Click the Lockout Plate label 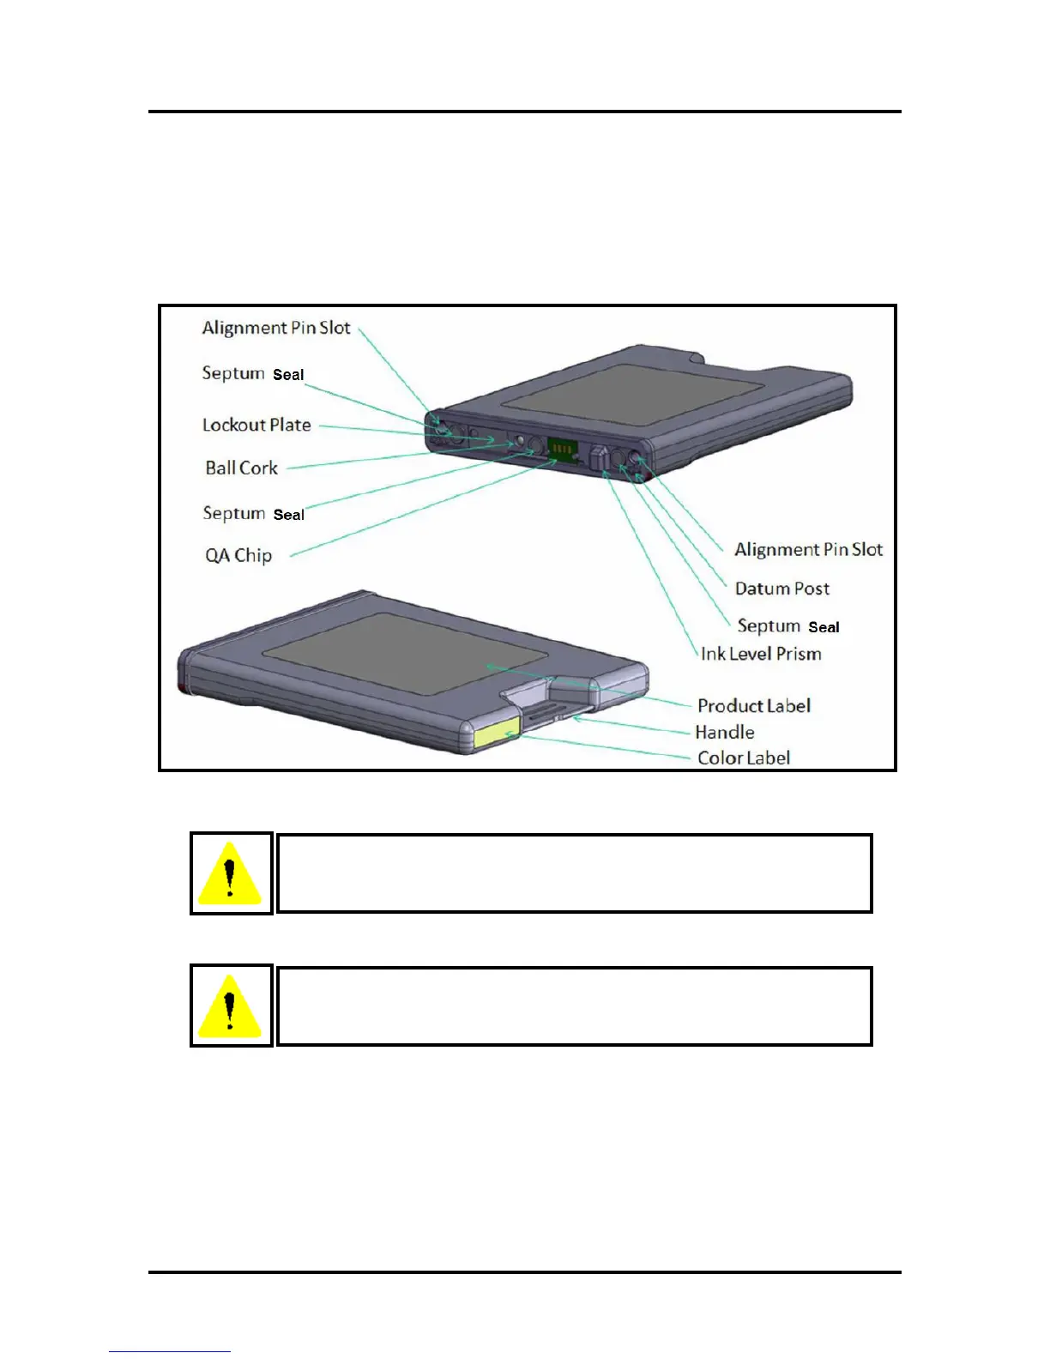(x=256, y=425)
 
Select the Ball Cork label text (x=241, y=468)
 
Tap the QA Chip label (x=238, y=555)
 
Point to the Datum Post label (x=781, y=589)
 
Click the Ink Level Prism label (x=761, y=654)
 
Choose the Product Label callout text (x=753, y=705)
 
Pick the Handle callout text (x=725, y=732)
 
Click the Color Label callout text (x=743, y=758)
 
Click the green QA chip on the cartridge (x=562, y=449)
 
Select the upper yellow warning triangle (x=230, y=873)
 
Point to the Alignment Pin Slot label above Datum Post (x=808, y=549)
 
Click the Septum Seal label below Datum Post (x=788, y=626)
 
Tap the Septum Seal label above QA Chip (x=253, y=513)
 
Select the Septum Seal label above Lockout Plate (x=253, y=373)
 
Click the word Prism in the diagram (x=799, y=654)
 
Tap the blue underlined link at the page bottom (x=169, y=1351)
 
